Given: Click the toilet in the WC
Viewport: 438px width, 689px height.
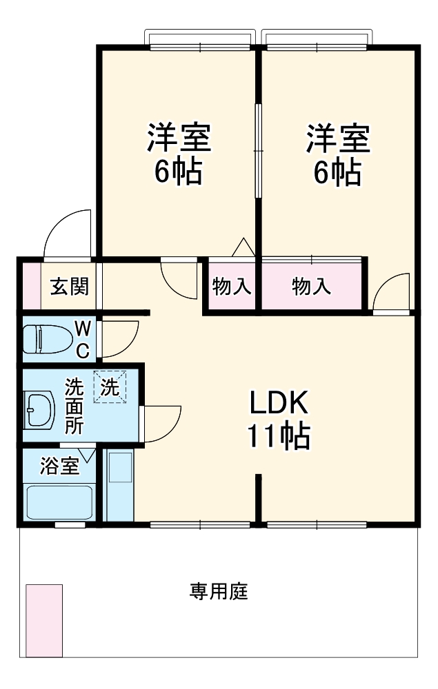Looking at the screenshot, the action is click(x=48, y=339).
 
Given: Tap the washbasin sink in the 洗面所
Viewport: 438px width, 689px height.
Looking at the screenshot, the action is click(x=39, y=409).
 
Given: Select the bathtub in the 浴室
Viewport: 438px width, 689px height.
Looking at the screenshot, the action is click(x=59, y=502).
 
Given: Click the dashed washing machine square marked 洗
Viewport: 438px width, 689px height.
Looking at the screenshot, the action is click(x=110, y=387).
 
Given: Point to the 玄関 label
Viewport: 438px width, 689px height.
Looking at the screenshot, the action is click(x=69, y=287).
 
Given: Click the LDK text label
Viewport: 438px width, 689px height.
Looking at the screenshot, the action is click(x=279, y=402).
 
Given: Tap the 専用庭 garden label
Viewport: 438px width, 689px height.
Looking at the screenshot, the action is click(x=219, y=591).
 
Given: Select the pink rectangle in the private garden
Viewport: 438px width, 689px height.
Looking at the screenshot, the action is click(x=44, y=621).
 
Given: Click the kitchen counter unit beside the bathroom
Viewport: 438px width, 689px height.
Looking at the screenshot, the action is click(x=119, y=485).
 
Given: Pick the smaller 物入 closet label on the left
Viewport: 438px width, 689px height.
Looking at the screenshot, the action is click(x=232, y=287).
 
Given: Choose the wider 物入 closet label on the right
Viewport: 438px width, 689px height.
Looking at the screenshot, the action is click(x=311, y=287).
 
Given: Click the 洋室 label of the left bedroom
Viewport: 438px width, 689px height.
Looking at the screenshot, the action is click(x=179, y=138).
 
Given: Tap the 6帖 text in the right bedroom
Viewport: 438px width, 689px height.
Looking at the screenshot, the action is click(x=337, y=172).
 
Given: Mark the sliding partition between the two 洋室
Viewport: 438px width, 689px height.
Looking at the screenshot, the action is click(x=259, y=151).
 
